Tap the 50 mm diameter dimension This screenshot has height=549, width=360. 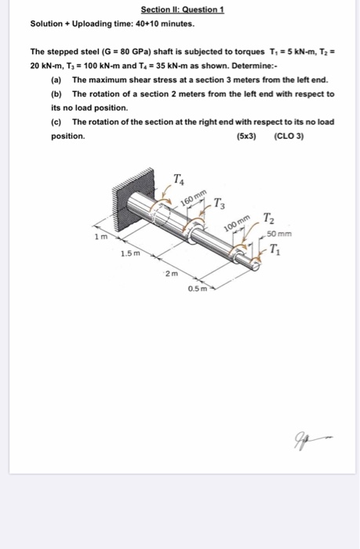tap(278, 235)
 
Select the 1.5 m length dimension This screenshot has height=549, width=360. tap(130, 254)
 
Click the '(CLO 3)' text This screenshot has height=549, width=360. tap(289, 136)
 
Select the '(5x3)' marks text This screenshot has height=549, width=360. tap(249, 136)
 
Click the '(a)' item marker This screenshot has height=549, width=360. tap(56, 81)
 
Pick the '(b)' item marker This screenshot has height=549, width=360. tap(56, 93)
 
